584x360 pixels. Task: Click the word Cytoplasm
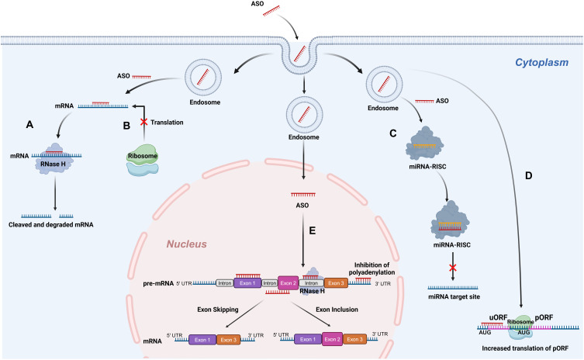(541, 62)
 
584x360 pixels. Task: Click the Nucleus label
(186, 244)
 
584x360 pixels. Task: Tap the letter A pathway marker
(29, 124)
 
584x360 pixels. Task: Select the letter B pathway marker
(126, 126)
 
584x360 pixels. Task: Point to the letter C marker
(393, 133)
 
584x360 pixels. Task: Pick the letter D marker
(528, 175)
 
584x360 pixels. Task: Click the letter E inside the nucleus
(312, 230)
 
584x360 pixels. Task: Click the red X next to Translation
(143, 122)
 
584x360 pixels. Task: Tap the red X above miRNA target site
(452, 268)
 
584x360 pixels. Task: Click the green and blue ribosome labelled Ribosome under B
(143, 161)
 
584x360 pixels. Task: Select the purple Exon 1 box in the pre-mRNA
(247, 283)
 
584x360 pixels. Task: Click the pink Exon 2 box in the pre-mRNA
(289, 283)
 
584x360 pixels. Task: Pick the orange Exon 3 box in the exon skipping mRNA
(228, 340)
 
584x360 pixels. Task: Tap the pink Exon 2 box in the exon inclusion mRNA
(332, 340)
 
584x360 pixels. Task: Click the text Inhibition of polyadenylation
(371, 268)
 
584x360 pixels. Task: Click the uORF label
(498, 317)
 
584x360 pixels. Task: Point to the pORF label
(544, 317)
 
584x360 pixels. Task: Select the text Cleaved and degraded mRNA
(51, 225)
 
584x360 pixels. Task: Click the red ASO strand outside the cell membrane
(271, 11)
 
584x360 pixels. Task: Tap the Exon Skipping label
(218, 310)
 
